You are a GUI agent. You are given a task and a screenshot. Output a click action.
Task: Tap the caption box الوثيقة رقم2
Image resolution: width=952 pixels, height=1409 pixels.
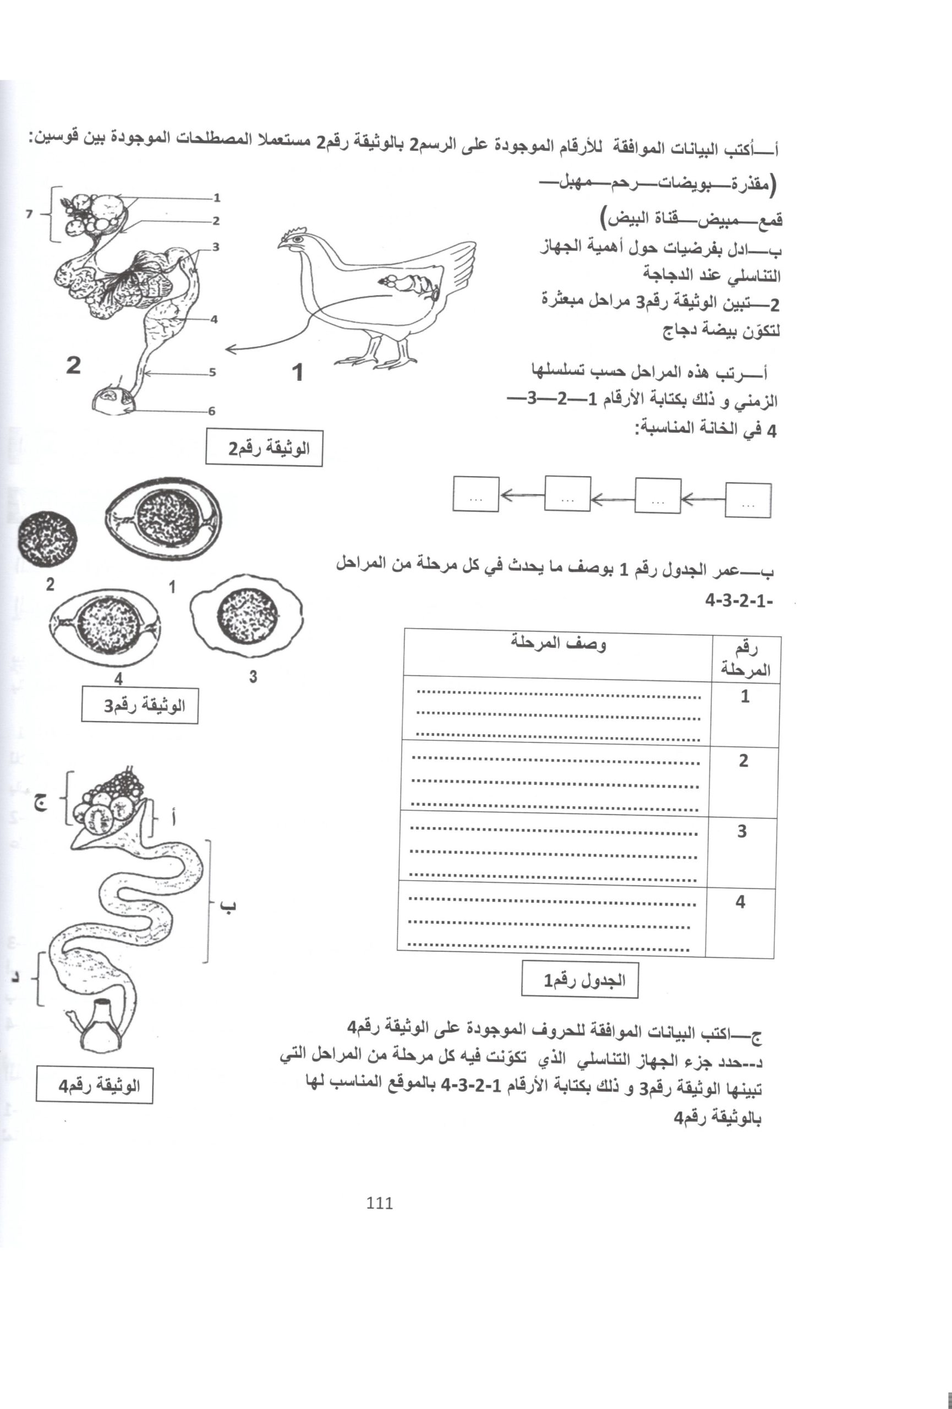(264, 448)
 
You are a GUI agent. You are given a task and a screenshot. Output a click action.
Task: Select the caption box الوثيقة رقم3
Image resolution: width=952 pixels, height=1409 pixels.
(140, 706)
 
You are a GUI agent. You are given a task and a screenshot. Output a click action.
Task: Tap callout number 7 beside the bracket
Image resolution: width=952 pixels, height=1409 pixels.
(29, 214)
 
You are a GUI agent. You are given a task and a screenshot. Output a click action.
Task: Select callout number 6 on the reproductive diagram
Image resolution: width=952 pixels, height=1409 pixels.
(212, 411)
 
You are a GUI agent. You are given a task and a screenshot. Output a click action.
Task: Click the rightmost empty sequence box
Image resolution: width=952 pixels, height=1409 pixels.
(748, 500)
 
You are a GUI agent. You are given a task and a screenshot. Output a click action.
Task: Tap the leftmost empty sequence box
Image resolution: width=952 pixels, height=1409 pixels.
(475, 494)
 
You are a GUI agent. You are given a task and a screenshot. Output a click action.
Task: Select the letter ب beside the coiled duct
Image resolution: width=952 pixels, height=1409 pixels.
(228, 907)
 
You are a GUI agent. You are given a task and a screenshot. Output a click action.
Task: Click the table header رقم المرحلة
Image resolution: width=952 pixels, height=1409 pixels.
(745, 659)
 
